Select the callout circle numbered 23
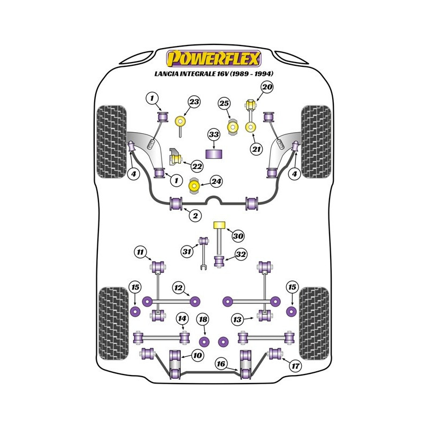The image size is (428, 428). (x=194, y=102)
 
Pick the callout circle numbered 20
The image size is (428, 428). (x=267, y=87)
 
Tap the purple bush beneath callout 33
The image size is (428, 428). (x=215, y=154)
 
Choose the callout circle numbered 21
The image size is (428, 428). (x=257, y=149)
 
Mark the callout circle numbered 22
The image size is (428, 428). (x=197, y=166)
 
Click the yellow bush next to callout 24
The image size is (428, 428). (x=195, y=186)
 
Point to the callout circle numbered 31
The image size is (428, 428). (x=186, y=251)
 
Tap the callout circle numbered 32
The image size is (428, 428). (x=241, y=255)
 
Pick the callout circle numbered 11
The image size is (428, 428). (x=140, y=251)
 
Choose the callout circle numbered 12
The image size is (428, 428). (x=178, y=288)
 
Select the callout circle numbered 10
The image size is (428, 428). (x=197, y=355)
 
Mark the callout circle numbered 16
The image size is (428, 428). (x=220, y=364)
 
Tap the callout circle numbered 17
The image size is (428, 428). (x=294, y=366)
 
